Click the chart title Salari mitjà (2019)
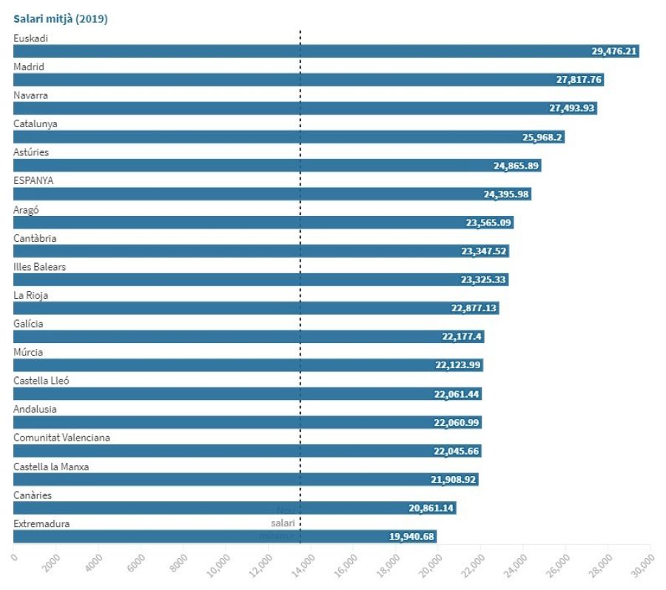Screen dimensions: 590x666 coord(61,19)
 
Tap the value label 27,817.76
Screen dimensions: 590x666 coord(579,80)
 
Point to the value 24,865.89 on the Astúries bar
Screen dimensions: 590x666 coord(516,166)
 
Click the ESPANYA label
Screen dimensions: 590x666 coord(33,180)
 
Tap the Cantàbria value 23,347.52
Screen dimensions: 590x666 coord(484,251)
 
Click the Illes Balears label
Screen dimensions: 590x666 coord(39,266)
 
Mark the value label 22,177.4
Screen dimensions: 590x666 coord(462,337)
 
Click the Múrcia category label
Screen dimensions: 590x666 coord(28,352)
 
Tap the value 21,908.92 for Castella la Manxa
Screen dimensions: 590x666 coord(454,480)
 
